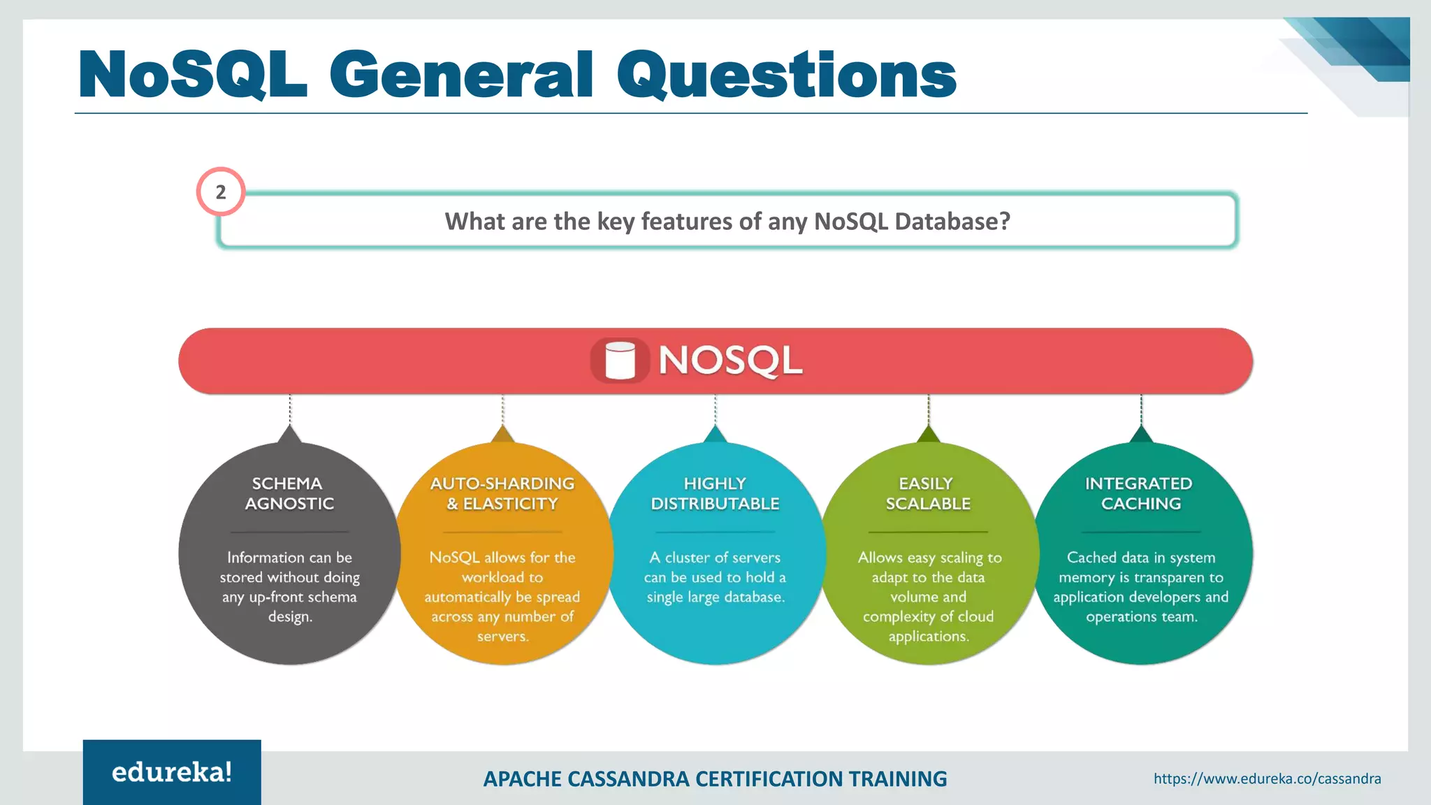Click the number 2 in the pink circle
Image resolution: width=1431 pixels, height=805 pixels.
pyautogui.click(x=221, y=192)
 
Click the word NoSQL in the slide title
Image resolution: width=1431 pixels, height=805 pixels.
pyautogui.click(x=193, y=75)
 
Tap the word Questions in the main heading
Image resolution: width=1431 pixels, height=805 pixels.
pyautogui.click(x=786, y=75)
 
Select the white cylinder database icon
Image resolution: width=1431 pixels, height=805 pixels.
pyautogui.click(x=620, y=361)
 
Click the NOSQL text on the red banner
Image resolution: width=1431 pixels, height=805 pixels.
pyautogui.click(x=730, y=361)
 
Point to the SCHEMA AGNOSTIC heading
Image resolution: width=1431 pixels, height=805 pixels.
pyautogui.click(x=289, y=493)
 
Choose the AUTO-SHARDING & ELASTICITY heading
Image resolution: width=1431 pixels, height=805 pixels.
pyautogui.click(x=502, y=493)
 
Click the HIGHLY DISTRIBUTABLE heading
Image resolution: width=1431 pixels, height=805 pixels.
pyautogui.click(x=715, y=493)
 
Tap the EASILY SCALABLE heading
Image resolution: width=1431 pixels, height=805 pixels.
pyautogui.click(x=927, y=493)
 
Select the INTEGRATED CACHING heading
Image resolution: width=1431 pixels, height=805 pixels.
pyautogui.click(x=1140, y=493)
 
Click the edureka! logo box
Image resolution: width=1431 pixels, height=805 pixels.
pyautogui.click(x=172, y=772)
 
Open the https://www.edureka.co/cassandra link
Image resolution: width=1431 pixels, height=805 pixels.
pyautogui.click(x=1267, y=778)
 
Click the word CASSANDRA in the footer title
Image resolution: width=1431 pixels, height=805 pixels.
pyautogui.click(x=628, y=778)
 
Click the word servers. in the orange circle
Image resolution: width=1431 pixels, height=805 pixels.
pyautogui.click(x=502, y=637)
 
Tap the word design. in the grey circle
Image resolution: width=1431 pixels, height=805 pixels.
pyautogui.click(x=290, y=617)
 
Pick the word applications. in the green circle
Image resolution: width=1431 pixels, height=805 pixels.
pyautogui.click(x=928, y=637)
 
